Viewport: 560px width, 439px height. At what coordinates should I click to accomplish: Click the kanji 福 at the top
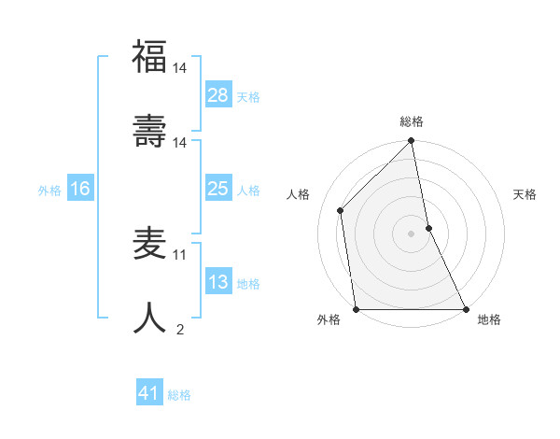149,57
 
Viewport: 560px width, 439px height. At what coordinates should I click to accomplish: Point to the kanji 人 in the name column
149,318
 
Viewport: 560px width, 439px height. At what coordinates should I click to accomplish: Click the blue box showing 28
218,94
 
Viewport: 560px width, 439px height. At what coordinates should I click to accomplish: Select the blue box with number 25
218,189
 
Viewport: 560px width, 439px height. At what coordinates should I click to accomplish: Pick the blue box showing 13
218,282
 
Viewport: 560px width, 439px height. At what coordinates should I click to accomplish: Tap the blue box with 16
80,189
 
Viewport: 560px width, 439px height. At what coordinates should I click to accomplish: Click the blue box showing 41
149,393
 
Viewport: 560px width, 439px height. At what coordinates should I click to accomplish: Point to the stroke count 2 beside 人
180,329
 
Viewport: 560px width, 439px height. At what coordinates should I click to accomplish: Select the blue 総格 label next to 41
179,395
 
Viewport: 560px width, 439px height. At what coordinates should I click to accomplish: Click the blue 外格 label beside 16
49,191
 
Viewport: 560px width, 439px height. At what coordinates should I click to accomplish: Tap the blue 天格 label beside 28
248,96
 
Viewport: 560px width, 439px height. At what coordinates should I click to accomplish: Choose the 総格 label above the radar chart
412,121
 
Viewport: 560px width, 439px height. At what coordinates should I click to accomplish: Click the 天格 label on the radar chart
525,194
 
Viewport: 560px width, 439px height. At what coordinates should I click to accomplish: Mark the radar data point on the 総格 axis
411,142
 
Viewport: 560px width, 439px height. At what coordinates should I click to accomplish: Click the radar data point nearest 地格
465,308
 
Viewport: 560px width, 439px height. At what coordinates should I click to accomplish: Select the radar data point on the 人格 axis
341,210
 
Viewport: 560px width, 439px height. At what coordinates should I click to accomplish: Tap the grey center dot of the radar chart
411,234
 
